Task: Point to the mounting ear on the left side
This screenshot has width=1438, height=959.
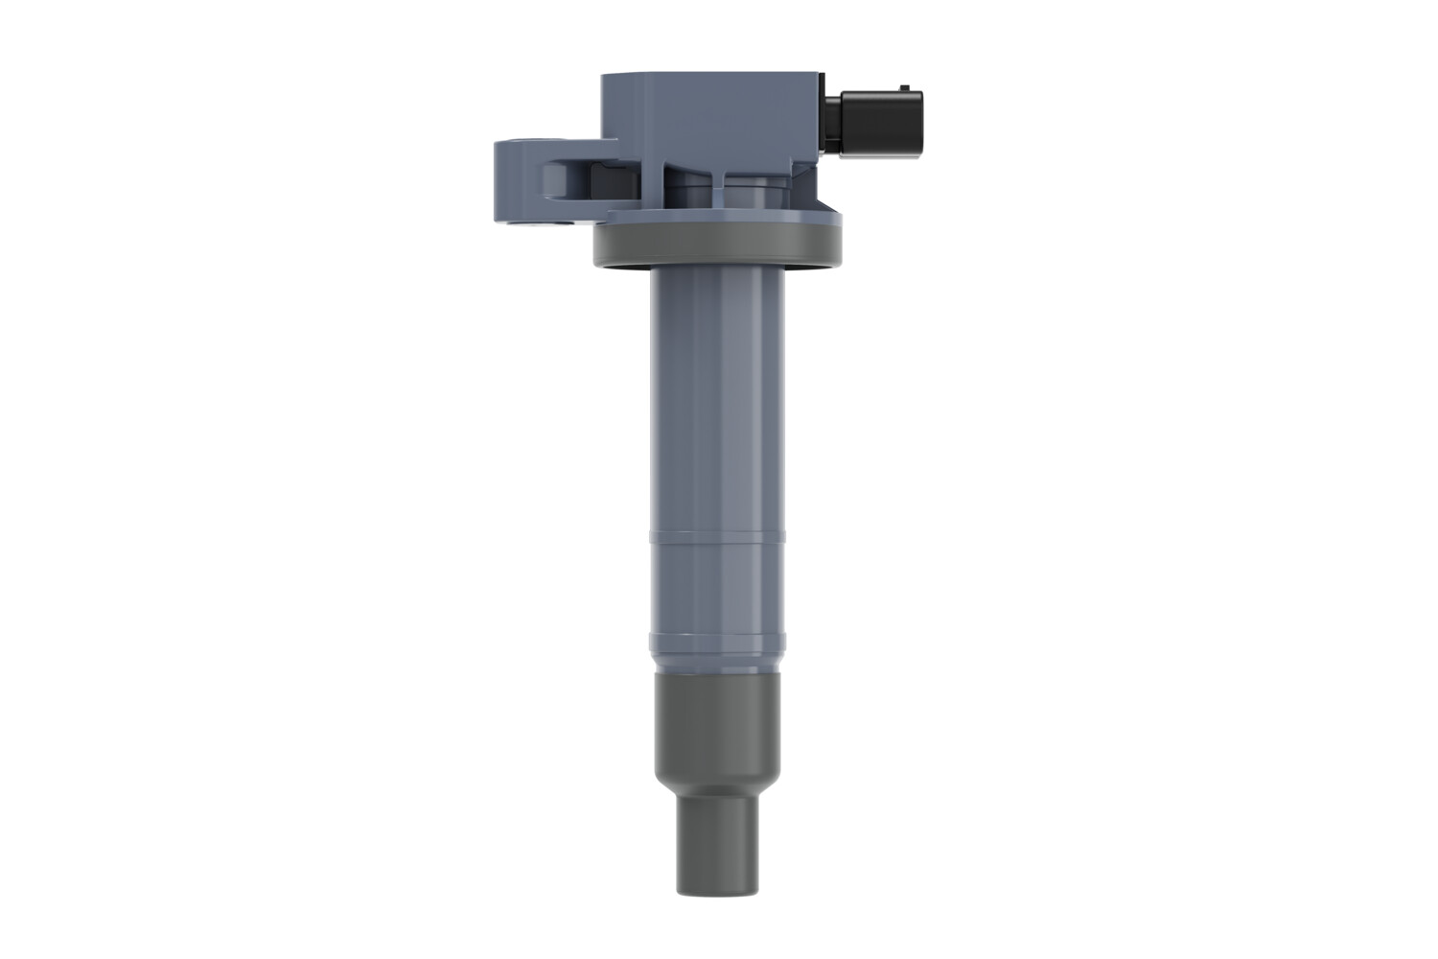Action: [x=522, y=182]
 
